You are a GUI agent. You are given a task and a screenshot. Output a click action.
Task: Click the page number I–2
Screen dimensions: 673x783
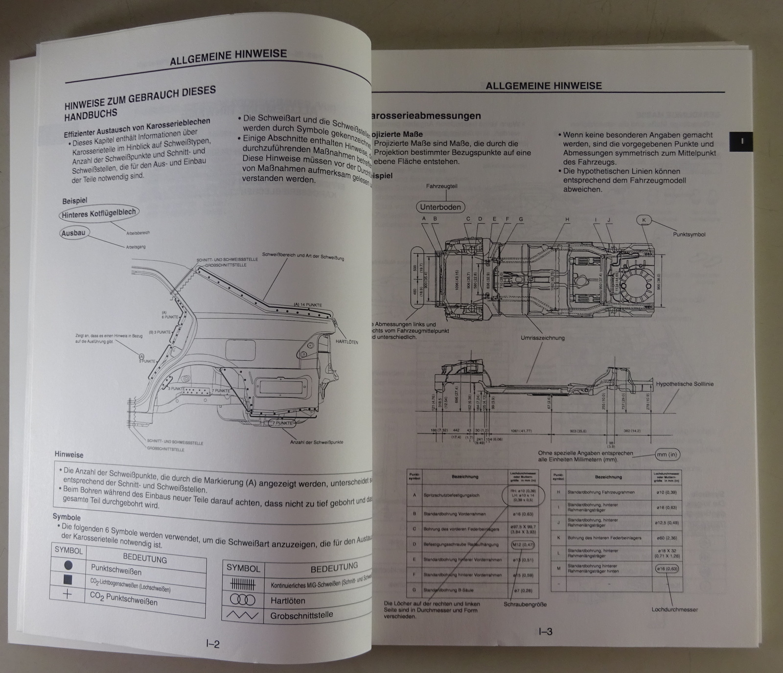click(x=212, y=644)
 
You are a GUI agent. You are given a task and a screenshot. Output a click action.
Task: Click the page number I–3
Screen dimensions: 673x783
click(x=545, y=631)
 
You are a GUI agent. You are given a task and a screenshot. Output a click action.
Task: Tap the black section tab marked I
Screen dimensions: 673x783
click(x=742, y=141)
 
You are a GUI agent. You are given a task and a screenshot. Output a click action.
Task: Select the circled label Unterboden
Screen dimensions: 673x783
click(x=440, y=207)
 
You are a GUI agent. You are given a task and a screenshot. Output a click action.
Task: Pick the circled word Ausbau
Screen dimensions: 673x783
click(x=73, y=233)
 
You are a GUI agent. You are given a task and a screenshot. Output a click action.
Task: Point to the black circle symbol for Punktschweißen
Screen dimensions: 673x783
click(x=68, y=565)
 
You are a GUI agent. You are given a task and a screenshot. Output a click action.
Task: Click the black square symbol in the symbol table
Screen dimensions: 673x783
click(x=68, y=580)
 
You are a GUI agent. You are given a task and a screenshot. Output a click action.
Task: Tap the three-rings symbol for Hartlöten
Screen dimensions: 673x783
click(x=243, y=599)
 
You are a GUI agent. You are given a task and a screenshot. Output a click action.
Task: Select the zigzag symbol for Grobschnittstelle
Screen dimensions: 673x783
click(x=243, y=615)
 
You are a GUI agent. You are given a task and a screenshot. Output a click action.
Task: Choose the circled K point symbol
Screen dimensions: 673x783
click(x=644, y=220)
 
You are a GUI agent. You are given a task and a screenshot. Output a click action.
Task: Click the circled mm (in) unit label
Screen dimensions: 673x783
click(x=668, y=455)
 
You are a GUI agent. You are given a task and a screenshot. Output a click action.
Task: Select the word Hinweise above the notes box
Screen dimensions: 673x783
click(x=69, y=455)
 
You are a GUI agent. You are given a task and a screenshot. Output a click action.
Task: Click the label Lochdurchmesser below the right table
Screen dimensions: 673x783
click(x=674, y=609)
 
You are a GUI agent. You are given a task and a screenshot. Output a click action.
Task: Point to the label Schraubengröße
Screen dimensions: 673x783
click(x=525, y=604)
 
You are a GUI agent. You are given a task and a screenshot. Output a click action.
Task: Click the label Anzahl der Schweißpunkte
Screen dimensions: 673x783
click(x=317, y=442)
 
